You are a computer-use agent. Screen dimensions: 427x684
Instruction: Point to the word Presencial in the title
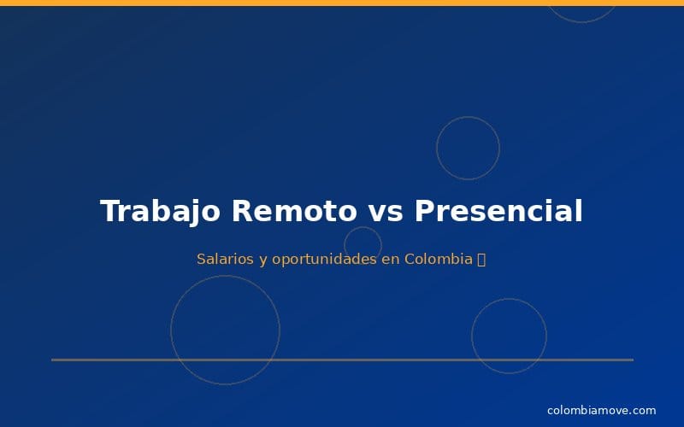coord(498,211)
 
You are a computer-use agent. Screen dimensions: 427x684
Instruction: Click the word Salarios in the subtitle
coord(225,259)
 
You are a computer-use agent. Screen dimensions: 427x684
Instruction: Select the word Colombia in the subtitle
coord(439,259)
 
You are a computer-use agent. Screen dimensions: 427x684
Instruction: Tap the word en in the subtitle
coord(391,259)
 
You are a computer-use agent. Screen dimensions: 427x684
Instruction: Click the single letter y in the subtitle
coord(262,260)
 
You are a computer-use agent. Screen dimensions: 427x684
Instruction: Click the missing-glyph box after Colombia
coord(481,259)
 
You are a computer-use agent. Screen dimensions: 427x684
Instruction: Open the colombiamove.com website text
coord(601,411)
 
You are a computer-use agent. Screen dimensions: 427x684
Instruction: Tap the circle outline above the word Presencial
coord(468,148)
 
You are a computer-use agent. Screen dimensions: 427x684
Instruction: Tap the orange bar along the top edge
coord(342,3)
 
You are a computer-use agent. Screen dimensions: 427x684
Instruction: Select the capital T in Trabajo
coord(109,211)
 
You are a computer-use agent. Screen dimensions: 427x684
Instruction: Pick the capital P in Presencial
coord(424,211)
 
